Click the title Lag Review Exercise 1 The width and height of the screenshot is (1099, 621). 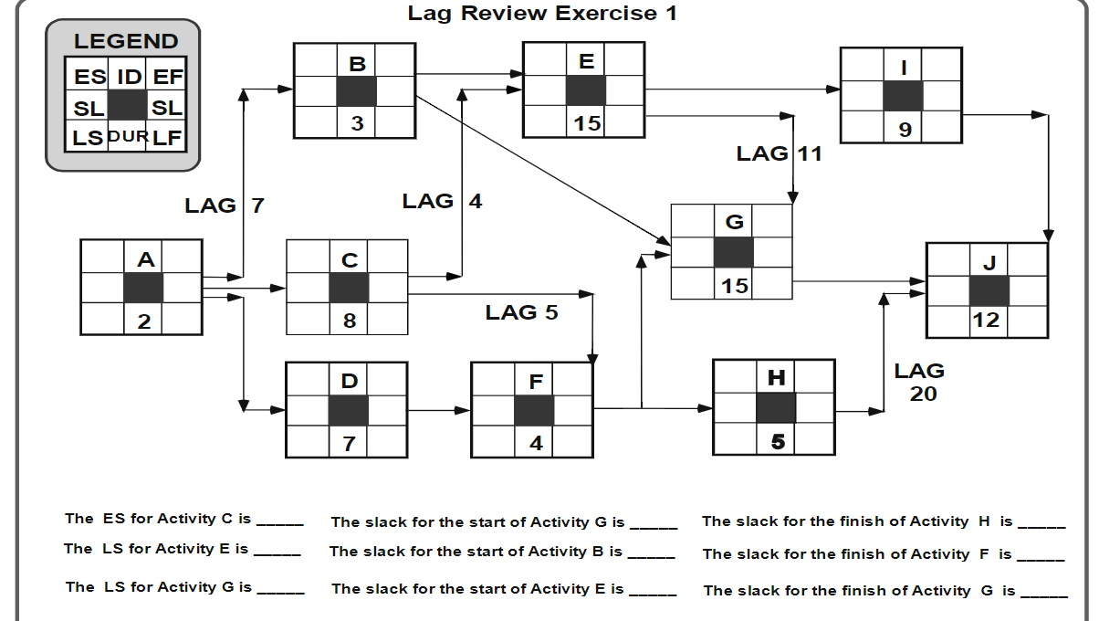point(542,13)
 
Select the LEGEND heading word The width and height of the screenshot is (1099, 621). point(126,41)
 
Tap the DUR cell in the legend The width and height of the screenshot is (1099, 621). point(127,137)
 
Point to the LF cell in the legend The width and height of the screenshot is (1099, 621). point(166,138)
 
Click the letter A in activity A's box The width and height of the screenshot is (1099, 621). point(145,260)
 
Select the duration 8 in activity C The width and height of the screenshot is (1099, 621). point(350,321)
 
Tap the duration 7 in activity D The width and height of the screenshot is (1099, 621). point(349,444)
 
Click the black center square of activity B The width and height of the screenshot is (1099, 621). point(357,91)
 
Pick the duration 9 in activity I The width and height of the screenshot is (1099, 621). point(904,130)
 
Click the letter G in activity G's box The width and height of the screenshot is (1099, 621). point(734,222)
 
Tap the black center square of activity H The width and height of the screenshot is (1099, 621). point(776,407)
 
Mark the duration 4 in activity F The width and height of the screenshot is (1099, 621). point(536,444)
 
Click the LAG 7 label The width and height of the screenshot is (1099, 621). point(224,205)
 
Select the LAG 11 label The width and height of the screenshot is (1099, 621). point(779,153)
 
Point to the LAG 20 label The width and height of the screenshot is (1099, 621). point(919,382)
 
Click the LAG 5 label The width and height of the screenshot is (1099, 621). point(521,312)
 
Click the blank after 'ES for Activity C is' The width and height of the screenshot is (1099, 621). point(279,521)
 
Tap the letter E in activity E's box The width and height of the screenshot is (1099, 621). point(586,61)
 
